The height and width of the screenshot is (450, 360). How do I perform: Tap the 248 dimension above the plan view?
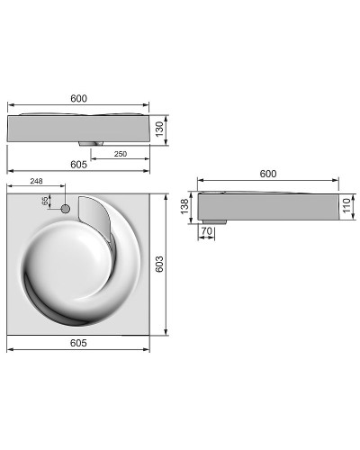37,182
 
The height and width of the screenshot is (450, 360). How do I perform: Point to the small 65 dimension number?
44,202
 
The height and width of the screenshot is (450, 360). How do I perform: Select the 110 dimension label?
347,207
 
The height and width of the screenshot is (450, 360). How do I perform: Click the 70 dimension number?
206,232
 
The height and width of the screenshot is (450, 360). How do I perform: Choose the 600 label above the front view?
78,99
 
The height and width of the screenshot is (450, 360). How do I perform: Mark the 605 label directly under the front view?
79,165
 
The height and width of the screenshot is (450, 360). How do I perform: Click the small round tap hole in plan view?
65,209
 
